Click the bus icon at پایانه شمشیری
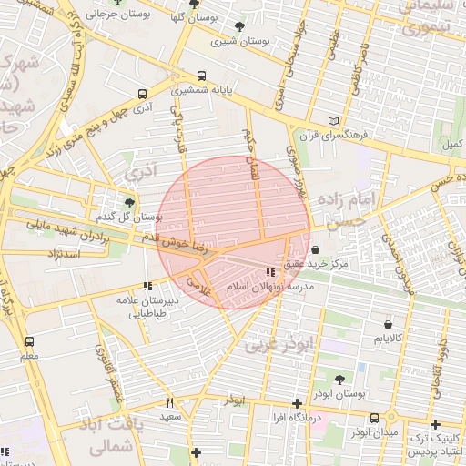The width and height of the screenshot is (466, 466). [x=201, y=76]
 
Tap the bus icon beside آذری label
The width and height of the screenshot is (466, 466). [x=142, y=94]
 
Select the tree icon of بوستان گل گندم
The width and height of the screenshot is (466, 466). [x=129, y=204]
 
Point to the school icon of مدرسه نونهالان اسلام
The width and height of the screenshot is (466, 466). [x=270, y=272]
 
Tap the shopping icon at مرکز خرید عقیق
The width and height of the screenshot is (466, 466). [x=315, y=249]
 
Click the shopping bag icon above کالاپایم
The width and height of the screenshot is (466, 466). [x=389, y=324]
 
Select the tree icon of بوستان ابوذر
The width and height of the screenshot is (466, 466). [x=339, y=380]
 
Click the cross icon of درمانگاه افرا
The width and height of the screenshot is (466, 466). [x=297, y=403]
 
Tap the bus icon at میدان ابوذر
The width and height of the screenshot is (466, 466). [x=374, y=419]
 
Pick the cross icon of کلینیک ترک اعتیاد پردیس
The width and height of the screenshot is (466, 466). [x=436, y=424]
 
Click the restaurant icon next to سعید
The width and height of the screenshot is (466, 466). [x=169, y=402]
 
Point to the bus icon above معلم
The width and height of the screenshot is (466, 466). [x=29, y=341]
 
